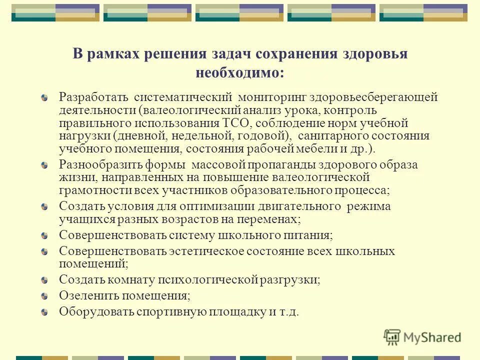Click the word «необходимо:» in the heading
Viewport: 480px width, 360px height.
(240, 72)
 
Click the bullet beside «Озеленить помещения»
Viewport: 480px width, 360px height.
(45, 296)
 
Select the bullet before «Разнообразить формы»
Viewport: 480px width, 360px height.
(45, 165)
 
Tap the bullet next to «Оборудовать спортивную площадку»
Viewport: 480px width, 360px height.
(45, 312)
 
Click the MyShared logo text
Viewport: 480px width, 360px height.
(432, 337)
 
